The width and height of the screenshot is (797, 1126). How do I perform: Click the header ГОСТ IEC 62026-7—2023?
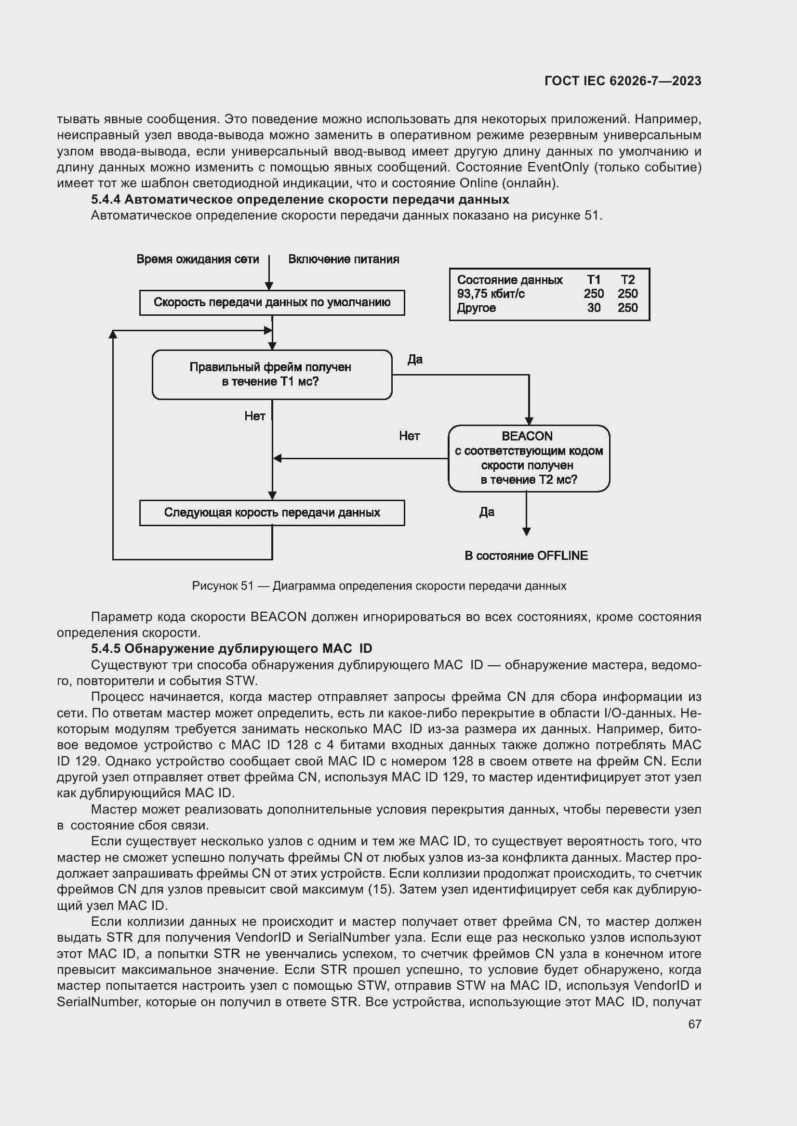pyautogui.click(x=622, y=81)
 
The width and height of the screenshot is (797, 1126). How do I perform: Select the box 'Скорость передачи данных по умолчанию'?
pyautogui.click(x=272, y=303)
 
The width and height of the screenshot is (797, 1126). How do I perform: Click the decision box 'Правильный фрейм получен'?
pyautogui.click(x=271, y=375)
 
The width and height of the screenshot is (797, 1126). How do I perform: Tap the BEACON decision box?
pyautogui.click(x=529, y=458)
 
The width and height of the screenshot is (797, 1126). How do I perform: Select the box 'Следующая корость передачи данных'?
pyautogui.click(x=272, y=513)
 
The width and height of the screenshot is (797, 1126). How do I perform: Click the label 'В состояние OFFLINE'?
pyautogui.click(x=526, y=556)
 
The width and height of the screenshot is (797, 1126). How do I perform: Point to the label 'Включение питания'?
pyautogui.click(x=344, y=259)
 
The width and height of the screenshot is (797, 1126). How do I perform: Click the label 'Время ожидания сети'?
pyautogui.click(x=198, y=259)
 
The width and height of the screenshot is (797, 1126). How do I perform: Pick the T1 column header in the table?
pyautogui.click(x=593, y=280)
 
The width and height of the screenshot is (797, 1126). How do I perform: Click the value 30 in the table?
pyautogui.click(x=593, y=308)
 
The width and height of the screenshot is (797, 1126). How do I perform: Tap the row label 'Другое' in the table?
pyautogui.click(x=476, y=308)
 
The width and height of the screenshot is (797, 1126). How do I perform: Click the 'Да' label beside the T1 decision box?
pyautogui.click(x=415, y=360)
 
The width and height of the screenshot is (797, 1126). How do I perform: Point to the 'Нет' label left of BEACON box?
pyautogui.click(x=409, y=436)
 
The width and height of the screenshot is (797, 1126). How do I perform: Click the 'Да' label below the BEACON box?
pyautogui.click(x=486, y=512)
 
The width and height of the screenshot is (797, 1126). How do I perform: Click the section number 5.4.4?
pyautogui.click(x=106, y=200)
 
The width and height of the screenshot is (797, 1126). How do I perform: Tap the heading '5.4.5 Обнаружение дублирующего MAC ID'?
pyautogui.click(x=231, y=648)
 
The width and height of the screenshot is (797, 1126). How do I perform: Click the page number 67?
pyautogui.click(x=694, y=1024)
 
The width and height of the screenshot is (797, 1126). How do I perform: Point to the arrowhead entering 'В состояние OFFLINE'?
pyautogui.click(x=526, y=532)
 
